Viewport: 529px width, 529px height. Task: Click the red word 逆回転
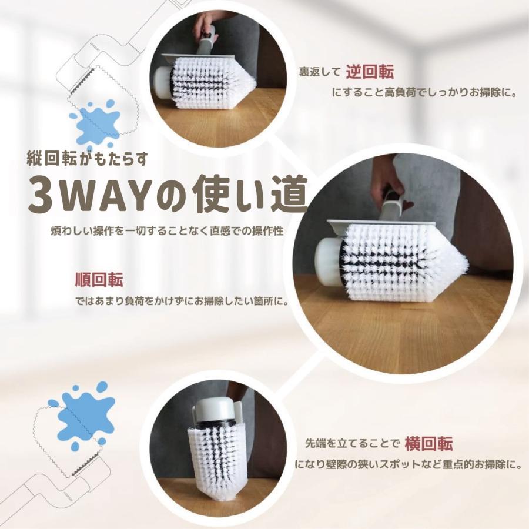tap(370, 72)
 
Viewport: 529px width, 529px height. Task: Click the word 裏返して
tap(320, 73)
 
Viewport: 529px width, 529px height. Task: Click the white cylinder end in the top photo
tap(162, 82)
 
